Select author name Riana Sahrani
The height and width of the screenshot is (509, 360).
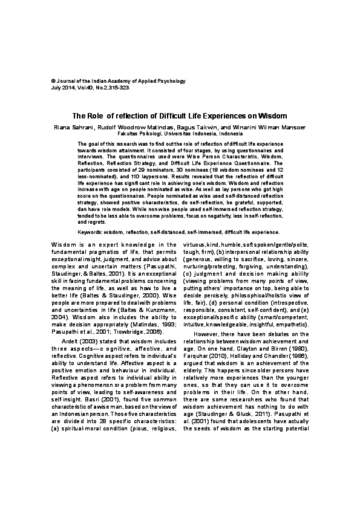pyautogui.click(x=72, y=127)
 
